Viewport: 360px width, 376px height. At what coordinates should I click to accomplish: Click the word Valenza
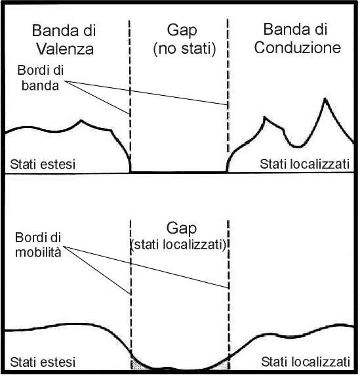tap(65, 49)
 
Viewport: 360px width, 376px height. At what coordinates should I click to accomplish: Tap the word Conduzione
tap(298, 47)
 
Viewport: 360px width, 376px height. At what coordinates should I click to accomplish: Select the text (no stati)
tap(184, 49)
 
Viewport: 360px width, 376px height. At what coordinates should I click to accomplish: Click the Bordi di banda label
tap(40, 78)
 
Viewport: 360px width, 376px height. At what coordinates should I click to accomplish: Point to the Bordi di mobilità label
tap(38, 245)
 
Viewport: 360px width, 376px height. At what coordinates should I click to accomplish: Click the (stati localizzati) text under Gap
tap(178, 245)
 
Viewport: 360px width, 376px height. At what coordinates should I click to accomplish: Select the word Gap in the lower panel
tap(182, 228)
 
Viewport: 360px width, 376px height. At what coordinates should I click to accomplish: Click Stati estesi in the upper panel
tap(43, 164)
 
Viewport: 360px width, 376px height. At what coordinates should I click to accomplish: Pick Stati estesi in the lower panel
tap(43, 362)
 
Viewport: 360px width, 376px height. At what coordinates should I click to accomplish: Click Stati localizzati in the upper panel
tap(304, 164)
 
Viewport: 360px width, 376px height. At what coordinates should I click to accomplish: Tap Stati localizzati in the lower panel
tap(306, 362)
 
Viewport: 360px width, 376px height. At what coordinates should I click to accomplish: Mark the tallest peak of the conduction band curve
tap(325, 98)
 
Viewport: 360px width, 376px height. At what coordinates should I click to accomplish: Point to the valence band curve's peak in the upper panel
tap(81, 120)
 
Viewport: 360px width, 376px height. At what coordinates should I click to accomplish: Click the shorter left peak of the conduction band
tap(264, 117)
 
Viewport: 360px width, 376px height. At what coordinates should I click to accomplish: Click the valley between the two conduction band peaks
tap(298, 146)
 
